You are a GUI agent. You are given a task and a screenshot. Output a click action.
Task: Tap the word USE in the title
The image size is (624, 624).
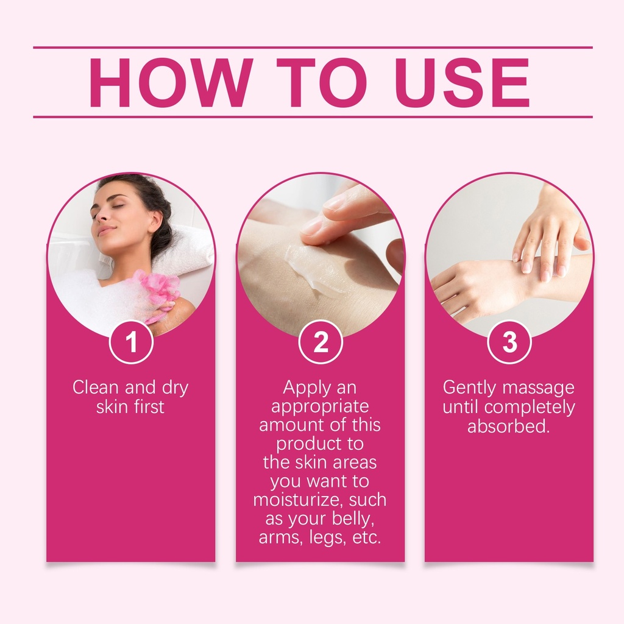click(463, 83)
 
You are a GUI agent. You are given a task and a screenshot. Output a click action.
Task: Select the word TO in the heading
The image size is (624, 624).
click(323, 83)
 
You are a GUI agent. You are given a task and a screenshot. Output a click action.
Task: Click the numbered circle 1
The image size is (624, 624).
click(132, 342)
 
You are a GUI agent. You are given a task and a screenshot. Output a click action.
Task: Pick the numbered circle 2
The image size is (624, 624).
click(321, 342)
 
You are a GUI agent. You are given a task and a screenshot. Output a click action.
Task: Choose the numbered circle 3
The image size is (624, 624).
click(509, 342)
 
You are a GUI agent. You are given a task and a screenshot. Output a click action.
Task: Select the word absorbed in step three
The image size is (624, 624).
click(508, 426)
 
